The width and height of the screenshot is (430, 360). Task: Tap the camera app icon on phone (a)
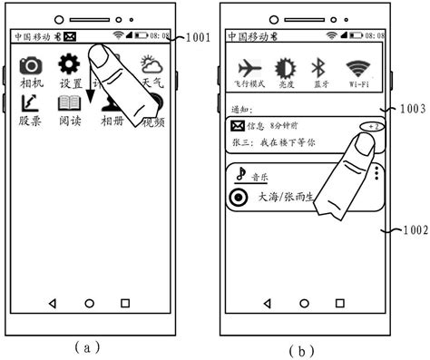(32, 66)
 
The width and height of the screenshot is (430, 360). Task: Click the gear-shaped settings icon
(70, 64)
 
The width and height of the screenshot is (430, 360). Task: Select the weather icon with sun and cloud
(151, 64)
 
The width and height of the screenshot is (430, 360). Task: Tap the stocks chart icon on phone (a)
(30, 103)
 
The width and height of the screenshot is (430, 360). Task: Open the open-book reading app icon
(70, 103)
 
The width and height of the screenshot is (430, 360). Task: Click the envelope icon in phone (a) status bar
(70, 37)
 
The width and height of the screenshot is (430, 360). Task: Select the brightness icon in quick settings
(286, 69)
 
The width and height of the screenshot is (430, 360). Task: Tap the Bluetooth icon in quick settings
(318, 69)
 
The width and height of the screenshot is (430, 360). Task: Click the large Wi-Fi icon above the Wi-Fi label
(357, 68)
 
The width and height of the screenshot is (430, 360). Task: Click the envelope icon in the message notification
(237, 126)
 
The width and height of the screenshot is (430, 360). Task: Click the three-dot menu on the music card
(376, 173)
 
